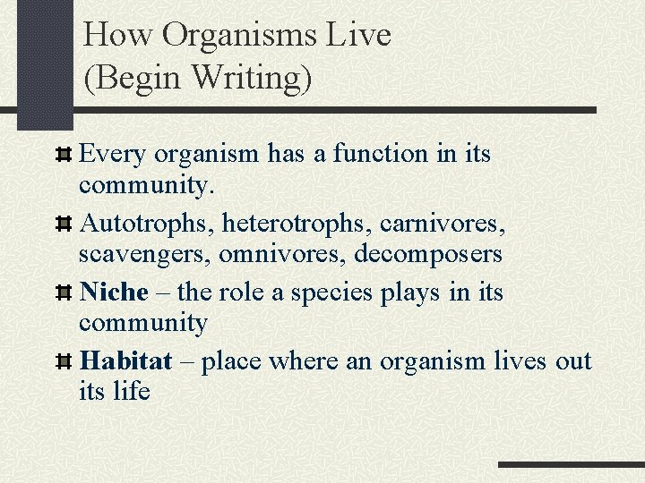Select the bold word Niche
tap(114, 292)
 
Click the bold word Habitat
tap(125, 361)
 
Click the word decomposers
tap(428, 253)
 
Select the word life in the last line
tap(132, 391)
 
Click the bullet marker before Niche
tap(63, 293)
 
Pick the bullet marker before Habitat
tap(63, 362)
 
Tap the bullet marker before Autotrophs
tap(63, 224)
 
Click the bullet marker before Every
tap(63, 155)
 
